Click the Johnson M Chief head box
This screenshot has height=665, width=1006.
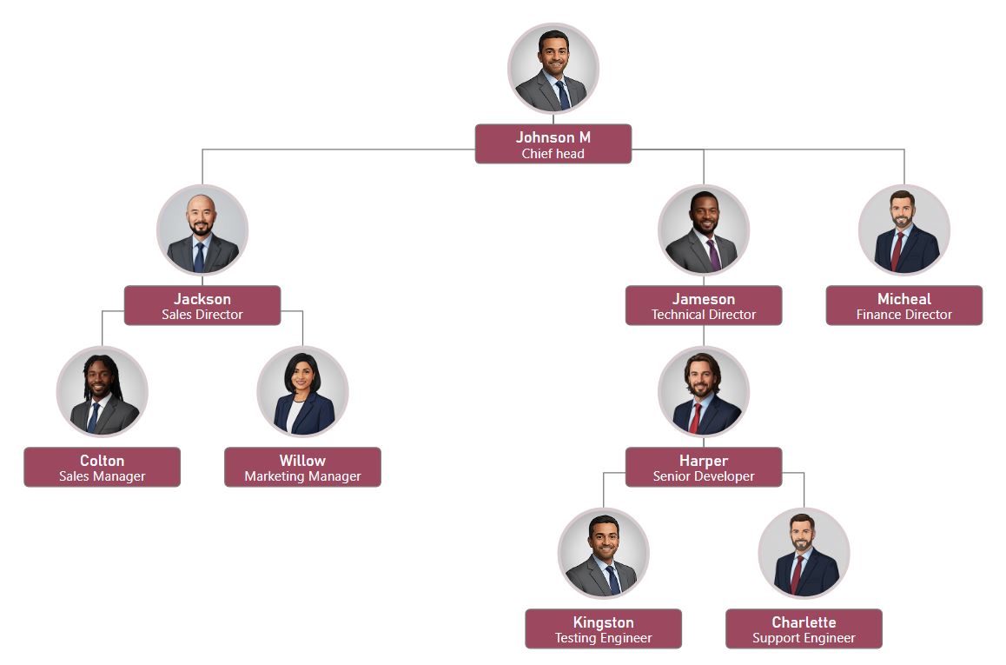pyautogui.click(x=553, y=144)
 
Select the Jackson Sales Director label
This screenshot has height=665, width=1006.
pyautogui.click(x=202, y=306)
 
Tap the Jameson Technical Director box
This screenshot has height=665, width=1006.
pyautogui.click(x=704, y=306)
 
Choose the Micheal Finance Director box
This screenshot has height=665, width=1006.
pyautogui.click(x=903, y=306)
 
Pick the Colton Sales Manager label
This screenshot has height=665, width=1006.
pyautogui.click(x=103, y=468)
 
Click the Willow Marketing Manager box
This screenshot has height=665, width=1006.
pyautogui.click(x=302, y=468)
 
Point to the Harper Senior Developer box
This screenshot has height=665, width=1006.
pyautogui.click(x=704, y=468)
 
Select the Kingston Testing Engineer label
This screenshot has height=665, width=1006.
pyautogui.click(x=603, y=629)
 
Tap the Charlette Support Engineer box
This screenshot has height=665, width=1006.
pyautogui.click(x=804, y=629)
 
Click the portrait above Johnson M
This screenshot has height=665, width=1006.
pyautogui.click(x=553, y=69)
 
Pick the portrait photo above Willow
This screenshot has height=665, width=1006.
pyautogui.click(x=302, y=392)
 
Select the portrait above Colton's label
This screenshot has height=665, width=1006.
pyautogui.click(x=103, y=392)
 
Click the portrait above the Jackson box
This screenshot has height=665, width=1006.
pyautogui.click(x=202, y=230)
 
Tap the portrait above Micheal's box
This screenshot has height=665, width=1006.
pyautogui.click(x=903, y=230)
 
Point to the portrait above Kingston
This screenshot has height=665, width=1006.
pyautogui.click(x=603, y=554)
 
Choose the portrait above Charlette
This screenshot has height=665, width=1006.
pyautogui.click(x=804, y=554)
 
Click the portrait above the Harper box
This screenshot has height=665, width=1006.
pyautogui.click(x=704, y=392)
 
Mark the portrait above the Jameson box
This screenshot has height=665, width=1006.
pyautogui.click(x=704, y=230)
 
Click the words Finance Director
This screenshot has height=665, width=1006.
pyautogui.click(x=903, y=315)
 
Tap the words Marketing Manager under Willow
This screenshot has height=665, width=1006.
pyautogui.click(x=302, y=476)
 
